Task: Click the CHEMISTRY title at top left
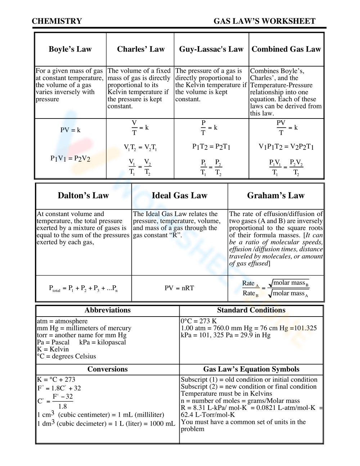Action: click(57, 21)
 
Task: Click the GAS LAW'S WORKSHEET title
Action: click(264, 21)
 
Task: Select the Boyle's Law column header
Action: click(70, 49)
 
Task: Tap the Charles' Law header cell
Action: click(140, 49)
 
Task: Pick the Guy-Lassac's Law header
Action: click(211, 49)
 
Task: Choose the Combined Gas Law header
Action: click(286, 49)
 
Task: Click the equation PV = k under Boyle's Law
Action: click(70, 130)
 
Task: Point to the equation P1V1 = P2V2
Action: click(70, 158)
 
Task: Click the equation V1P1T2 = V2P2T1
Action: click(286, 147)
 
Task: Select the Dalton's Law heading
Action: click(83, 196)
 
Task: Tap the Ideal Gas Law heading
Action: click(179, 196)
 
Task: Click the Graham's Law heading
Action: click(276, 196)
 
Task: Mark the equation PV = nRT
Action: click(179, 288)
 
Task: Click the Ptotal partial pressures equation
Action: click(83, 288)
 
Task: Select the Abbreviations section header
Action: click(107, 310)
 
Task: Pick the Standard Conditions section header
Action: click(251, 310)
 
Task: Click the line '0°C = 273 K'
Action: click(199, 321)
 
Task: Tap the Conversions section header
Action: click(107, 369)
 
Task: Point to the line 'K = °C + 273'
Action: click(56, 380)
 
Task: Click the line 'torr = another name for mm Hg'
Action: click(81, 335)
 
